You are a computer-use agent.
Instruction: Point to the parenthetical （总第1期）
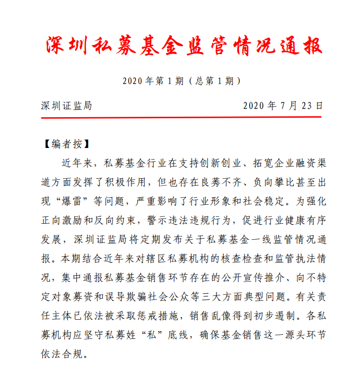tap(214, 81)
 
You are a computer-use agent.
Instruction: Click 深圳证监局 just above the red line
tap(66, 106)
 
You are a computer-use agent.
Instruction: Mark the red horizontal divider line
tap(181, 116)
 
